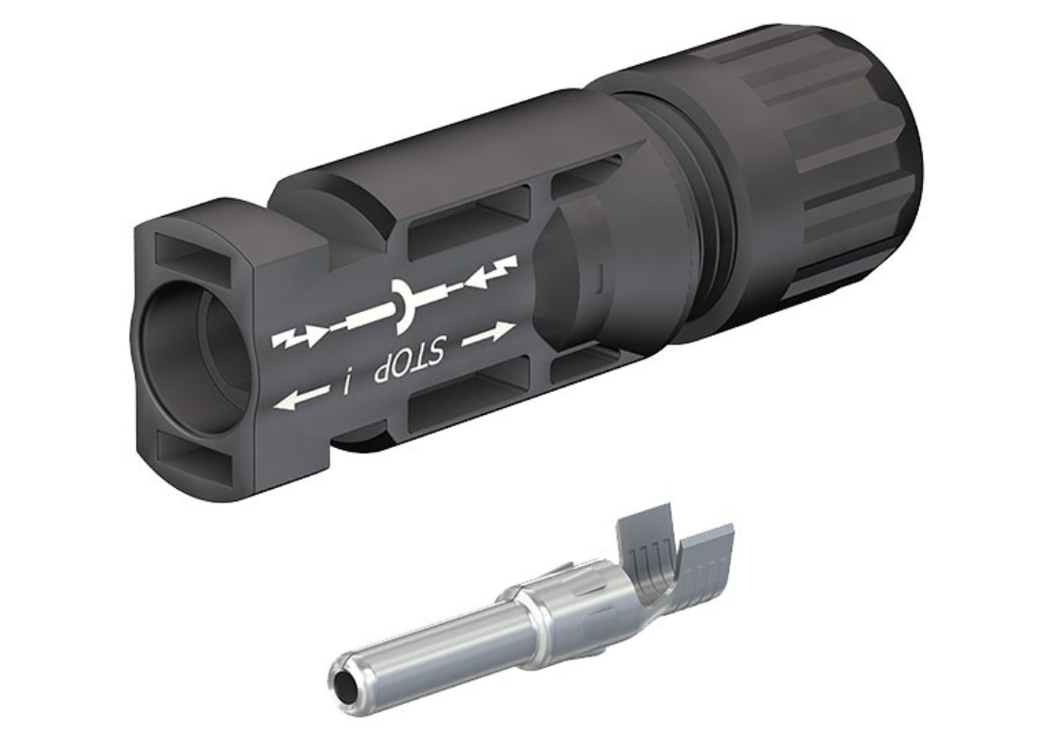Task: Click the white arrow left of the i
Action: coord(302,398)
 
